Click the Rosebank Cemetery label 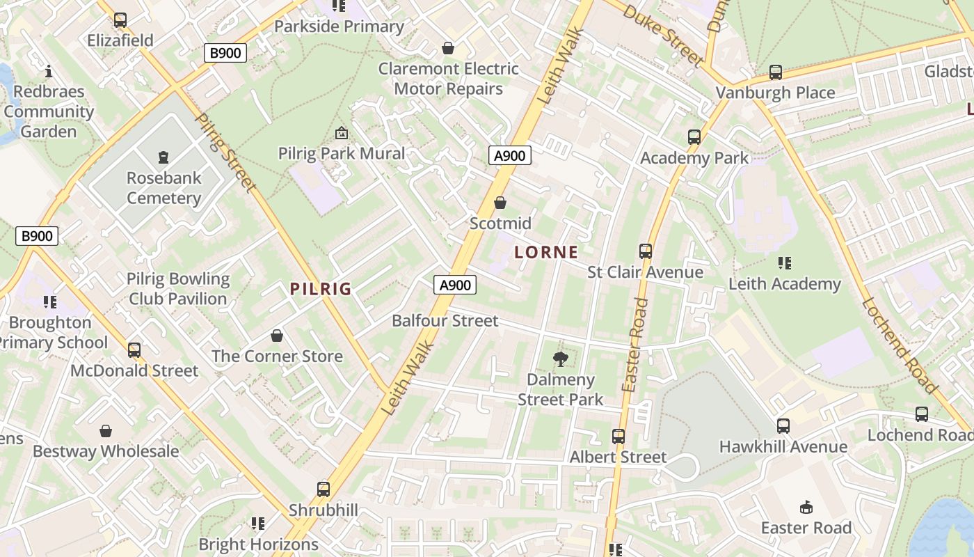pyautogui.click(x=163, y=188)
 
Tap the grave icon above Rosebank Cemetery pyautogui.click(x=163, y=157)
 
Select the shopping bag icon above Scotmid pyautogui.click(x=500, y=203)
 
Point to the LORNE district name pyautogui.click(x=546, y=252)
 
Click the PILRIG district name pyautogui.click(x=321, y=289)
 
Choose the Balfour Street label pyautogui.click(x=445, y=320)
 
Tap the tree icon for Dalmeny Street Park pyautogui.click(x=560, y=359)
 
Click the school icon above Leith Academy pyautogui.click(x=785, y=263)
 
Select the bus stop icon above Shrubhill pyautogui.click(x=324, y=489)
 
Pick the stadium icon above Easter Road pyautogui.click(x=806, y=506)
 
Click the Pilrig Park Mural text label pyautogui.click(x=342, y=153)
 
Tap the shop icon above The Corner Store pyautogui.click(x=277, y=336)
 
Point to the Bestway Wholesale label pyautogui.click(x=106, y=451)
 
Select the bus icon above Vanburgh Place pyautogui.click(x=775, y=72)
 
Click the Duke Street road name pyautogui.click(x=663, y=35)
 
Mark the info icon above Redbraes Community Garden pyautogui.click(x=49, y=71)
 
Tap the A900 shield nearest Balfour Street pyautogui.click(x=456, y=284)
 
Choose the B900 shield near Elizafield pyautogui.click(x=225, y=52)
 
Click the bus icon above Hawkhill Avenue pyautogui.click(x=783, y=425)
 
